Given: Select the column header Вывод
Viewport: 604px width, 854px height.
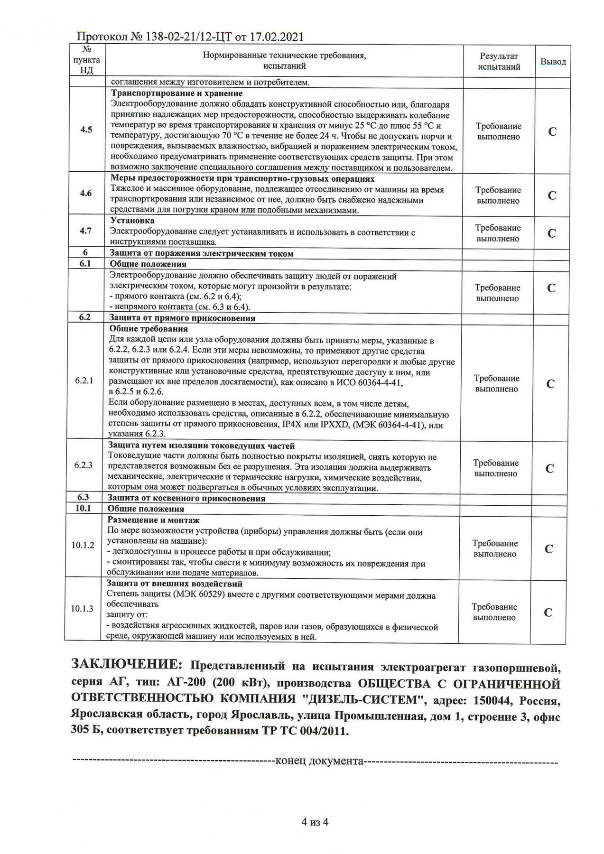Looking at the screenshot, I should point(553,62).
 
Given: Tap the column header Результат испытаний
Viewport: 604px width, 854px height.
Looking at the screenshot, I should point(499,62).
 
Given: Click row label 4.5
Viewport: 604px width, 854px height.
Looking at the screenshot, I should point(86,130).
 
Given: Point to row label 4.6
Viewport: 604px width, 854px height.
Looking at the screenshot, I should point(86,193).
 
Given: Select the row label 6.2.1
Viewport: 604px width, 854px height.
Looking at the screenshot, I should point(84,381).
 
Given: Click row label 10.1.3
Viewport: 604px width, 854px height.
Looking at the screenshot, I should point(82,609).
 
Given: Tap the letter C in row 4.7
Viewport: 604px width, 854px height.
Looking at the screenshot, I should point(551,233).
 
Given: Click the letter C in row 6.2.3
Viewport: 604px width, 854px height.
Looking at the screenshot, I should point(549,468).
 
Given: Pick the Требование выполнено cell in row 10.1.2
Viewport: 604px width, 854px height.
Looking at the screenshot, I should point(495,548).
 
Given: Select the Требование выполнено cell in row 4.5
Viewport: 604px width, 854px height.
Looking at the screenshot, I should point(498,131).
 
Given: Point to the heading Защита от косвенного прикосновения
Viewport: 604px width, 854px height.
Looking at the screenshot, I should point(186,498).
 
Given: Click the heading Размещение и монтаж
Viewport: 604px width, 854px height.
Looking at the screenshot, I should point(153,520).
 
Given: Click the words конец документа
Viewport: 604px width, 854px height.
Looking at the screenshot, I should point(319,761).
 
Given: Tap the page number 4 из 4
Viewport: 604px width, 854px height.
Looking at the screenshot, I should point(315,821).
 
